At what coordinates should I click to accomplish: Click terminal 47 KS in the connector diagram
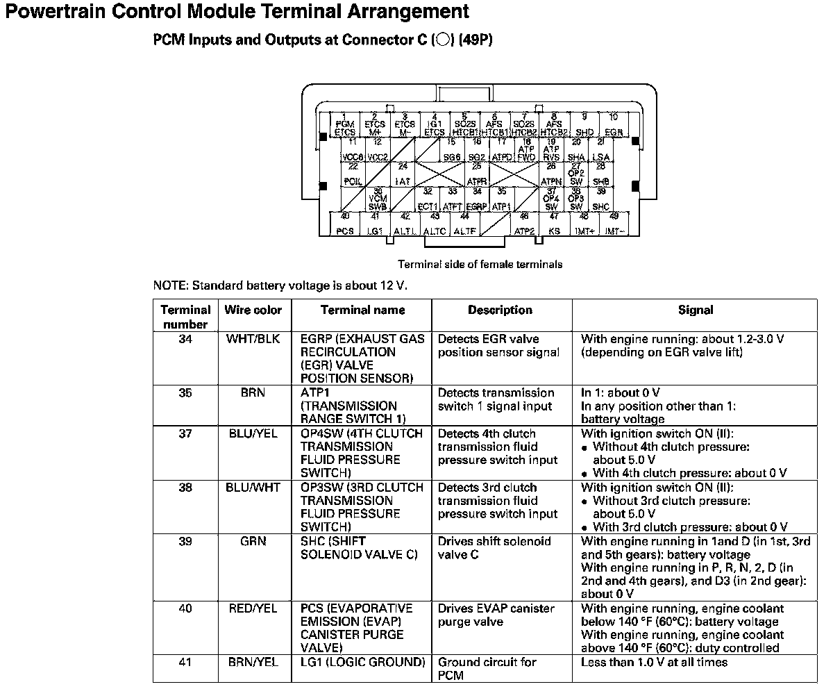(x=554, y=224)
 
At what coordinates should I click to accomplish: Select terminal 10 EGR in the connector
(x=614, y=125)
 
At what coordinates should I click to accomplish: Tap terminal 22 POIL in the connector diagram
(x=353, y=174)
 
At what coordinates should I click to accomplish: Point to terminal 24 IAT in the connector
(x=403, y=174)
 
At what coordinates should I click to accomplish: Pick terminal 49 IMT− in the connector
(x=614, y=224)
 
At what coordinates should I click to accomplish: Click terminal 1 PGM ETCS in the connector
(x=345, y=125)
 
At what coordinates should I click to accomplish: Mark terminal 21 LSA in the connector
(x=601, y=150)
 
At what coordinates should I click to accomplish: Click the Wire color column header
(x=253, y=310)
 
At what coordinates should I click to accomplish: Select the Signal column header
(x=696, y=310)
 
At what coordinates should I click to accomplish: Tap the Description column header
(x=500, y=310)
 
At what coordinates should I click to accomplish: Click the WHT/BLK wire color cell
(x=253, y=339)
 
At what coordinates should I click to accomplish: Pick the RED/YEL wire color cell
(x=253, y=608)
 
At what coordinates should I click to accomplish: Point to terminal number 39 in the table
(x=185, y=541)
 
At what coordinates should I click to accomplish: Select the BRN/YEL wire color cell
(x=253, y=662)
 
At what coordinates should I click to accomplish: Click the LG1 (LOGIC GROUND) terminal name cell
(x=362, y=662)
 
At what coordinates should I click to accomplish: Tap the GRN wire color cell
(x=253, y=541)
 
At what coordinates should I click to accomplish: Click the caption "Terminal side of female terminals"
(x=480, y=264)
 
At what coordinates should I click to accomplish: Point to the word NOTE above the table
(x=169, y=285)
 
